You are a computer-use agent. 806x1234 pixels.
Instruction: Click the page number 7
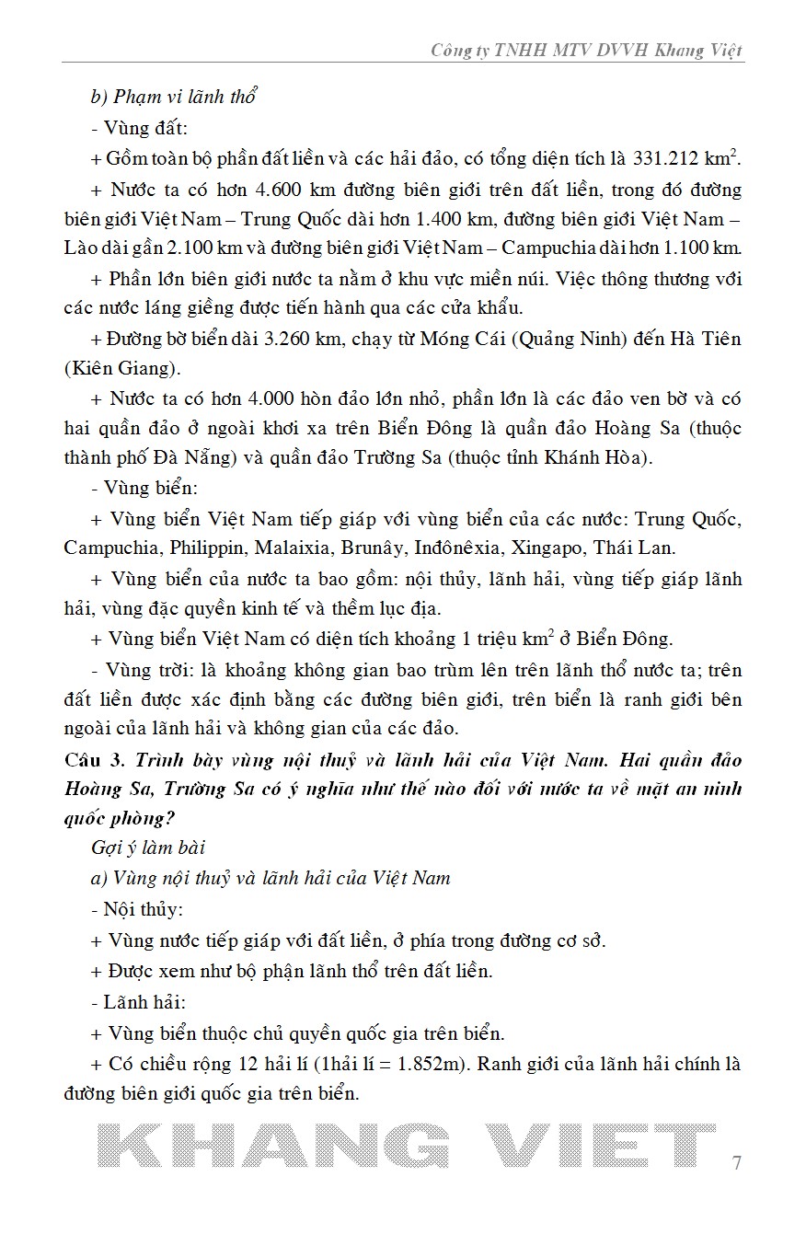(x=736, y=1161)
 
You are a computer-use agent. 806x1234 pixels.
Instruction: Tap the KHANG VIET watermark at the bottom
(x=405, y=1150)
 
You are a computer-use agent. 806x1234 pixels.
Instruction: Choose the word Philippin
(x=208, y=548)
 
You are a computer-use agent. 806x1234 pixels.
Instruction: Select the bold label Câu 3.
(x=95, y=761)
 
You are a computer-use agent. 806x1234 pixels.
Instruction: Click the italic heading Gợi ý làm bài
(x=147, y=847)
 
